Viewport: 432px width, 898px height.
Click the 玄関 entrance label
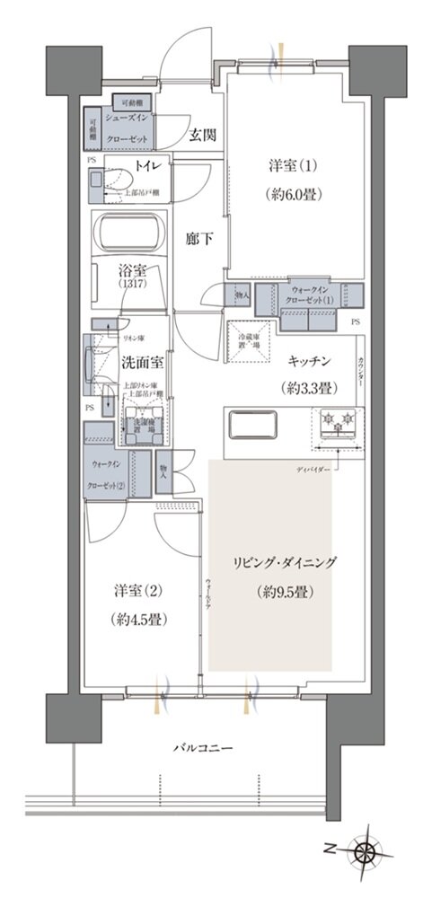click(x=202, y=136)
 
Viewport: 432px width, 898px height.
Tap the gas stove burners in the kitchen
click(x=337, y=422)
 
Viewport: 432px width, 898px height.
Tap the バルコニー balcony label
click(x=200, y=747)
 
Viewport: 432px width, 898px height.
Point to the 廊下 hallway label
click(x=199, y=240)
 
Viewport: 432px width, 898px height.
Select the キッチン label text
click(x=311, y=360)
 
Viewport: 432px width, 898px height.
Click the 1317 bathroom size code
click(x=131, y=285)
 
